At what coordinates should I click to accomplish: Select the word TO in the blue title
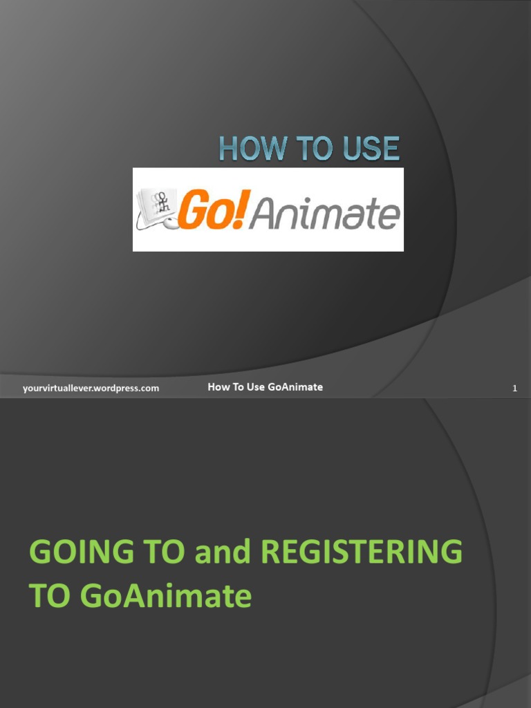point(307,149)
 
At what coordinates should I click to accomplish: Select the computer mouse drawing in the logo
point(169,223)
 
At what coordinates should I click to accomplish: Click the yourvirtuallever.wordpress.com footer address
point(91,389)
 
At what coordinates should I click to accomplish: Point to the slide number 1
point(514,389)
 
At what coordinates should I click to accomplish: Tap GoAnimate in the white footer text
point(297,387)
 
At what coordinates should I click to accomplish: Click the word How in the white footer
point(218,387)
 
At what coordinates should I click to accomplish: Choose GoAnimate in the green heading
point(165,596)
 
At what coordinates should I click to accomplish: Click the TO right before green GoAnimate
point(50,596)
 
